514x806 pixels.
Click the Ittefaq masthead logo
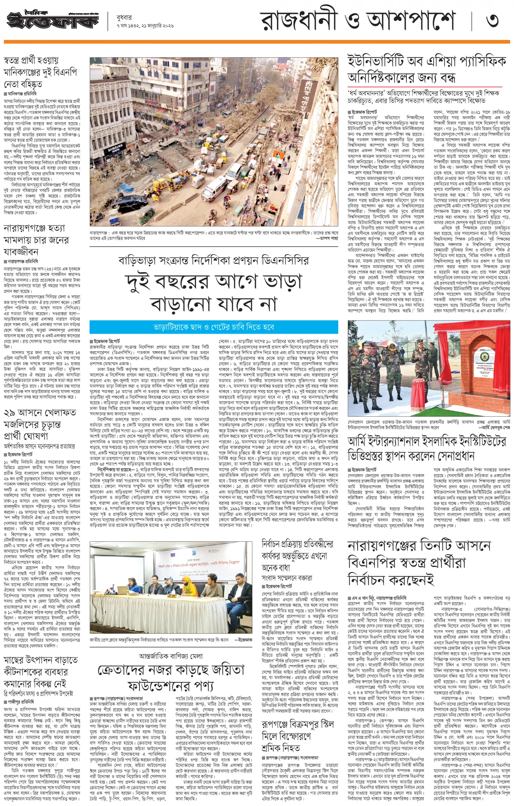[x=53, y=20]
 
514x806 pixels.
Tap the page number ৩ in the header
[x=492, y=20]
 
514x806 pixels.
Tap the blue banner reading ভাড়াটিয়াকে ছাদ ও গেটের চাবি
[x=214, y=327]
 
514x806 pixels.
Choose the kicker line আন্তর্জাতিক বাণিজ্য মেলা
[x=171, y=656]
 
